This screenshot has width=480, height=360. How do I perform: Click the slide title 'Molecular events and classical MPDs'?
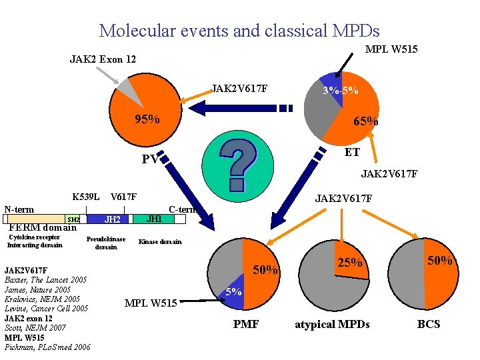[239, 30]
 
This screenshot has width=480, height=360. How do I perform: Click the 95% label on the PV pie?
[147, 119]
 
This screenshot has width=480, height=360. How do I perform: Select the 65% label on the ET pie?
[365, 121]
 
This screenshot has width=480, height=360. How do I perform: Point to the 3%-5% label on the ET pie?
[340, 91]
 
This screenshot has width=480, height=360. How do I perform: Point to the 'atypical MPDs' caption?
[332, 325]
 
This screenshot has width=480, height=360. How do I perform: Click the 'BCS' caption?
[429, 325]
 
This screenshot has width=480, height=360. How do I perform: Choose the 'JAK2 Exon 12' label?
[103, 59]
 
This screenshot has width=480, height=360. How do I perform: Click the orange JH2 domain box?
[113, 219]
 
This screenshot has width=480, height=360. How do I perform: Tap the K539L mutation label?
[86, 197]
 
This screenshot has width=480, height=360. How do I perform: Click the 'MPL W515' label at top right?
[391, 49]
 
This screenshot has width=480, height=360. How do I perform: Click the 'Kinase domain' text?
[159, 241]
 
